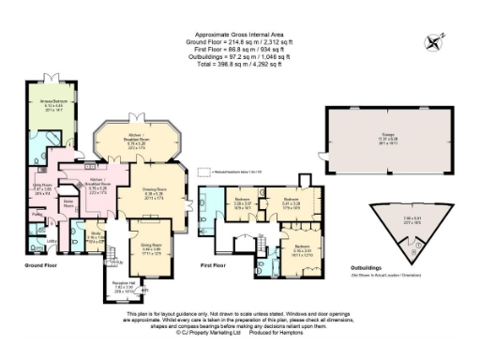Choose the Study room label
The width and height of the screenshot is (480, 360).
tap(96, 236)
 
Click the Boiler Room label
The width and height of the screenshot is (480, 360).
tap(68, 202)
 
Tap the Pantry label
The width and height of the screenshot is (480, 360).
tap(25, 214)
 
